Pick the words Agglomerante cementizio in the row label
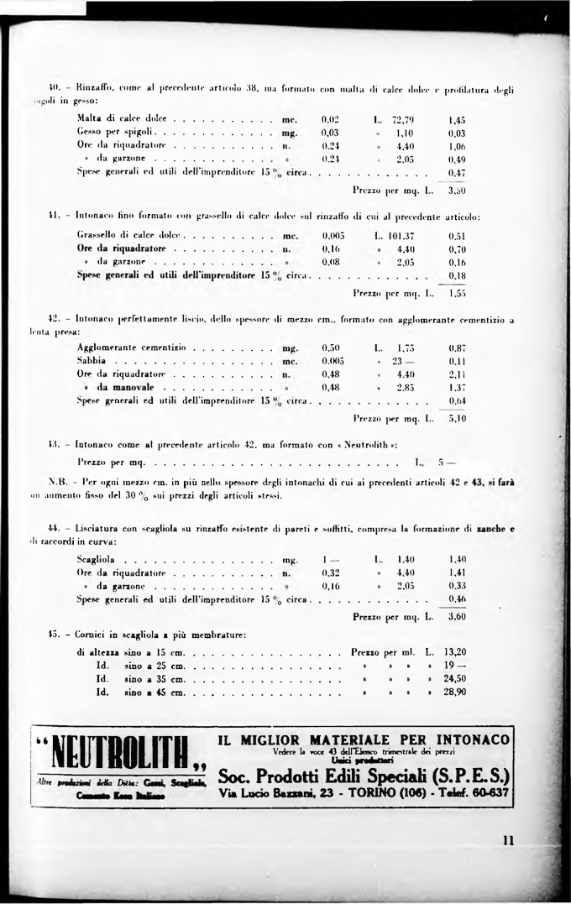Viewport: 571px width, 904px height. tap(131, 347)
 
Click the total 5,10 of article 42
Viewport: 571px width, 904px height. tap(457, 417)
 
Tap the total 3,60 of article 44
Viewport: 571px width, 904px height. tap(457, 616)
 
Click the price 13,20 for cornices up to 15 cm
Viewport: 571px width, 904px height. tap(454, 651)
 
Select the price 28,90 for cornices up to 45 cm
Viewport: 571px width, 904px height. tap(454, 692)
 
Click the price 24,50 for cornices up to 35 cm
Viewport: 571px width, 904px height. tap(454, 679)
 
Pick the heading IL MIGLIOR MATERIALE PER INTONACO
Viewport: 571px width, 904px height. tap(364, 739)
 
